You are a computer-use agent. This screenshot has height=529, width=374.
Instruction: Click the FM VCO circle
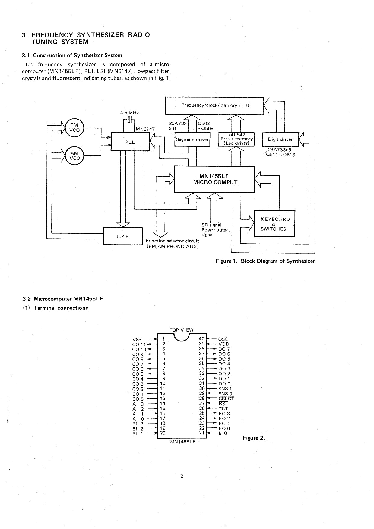(74, 128)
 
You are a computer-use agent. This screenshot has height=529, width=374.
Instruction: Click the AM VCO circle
(74, 156)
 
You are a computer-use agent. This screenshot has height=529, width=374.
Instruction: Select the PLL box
(130, 142)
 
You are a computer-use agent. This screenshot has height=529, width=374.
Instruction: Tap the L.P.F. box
(123, 236)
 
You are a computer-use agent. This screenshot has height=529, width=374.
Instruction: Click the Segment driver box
(192, 139)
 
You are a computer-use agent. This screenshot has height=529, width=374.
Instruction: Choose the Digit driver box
(280, 139)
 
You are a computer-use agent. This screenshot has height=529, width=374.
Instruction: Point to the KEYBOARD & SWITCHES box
(274, 224)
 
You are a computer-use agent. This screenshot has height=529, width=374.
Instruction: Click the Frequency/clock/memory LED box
(214, 105)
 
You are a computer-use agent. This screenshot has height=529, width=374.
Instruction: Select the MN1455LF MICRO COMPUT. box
(214, 179)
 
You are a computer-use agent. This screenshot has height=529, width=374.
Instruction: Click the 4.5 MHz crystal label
(129, 113)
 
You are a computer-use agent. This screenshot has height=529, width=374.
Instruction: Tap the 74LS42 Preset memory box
(237, 139)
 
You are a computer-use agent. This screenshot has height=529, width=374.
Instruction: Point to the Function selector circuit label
(172, 241)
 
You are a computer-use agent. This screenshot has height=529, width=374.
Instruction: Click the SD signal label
(211, 225)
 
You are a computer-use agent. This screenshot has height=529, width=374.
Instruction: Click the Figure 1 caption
(265, 261)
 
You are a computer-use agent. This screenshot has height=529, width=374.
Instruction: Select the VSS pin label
(137, 340)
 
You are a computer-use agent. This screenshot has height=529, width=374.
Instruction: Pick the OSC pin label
(223, 339)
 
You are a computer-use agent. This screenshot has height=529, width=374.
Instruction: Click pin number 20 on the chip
(163, 433)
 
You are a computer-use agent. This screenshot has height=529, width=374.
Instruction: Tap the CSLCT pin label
(226, 399)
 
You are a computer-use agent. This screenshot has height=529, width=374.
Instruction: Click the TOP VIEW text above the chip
(181, 330)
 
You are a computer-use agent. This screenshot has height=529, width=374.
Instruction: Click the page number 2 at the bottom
(182, 476)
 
